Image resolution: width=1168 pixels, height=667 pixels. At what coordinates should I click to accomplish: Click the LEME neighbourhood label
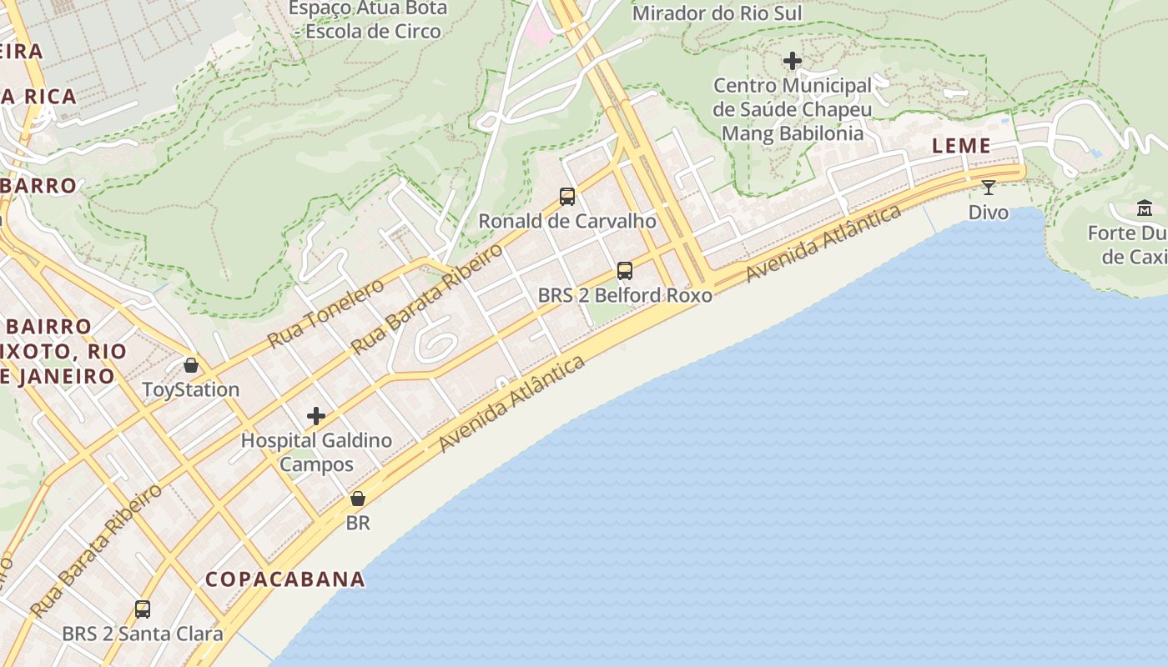(x=961, y=146)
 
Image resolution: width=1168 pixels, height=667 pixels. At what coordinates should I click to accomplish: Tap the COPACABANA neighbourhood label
(x=285, y=579)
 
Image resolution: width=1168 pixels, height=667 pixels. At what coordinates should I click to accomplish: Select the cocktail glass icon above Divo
(x=989, y=188)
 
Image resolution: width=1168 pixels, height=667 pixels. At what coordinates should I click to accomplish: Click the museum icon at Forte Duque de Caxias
(x=1145, y=208)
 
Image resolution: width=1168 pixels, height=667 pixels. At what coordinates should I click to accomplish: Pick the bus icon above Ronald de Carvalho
(x=567, y=197)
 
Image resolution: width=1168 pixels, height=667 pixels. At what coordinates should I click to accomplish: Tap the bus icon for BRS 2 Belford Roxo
(x=625, y=271)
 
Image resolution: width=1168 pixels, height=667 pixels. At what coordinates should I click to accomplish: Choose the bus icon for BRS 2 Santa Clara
(x=143, y=609)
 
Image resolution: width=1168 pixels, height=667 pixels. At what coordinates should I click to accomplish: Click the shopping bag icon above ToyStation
(x=191, y=365)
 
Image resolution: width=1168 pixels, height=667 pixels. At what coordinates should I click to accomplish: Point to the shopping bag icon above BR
(x=358, y=499)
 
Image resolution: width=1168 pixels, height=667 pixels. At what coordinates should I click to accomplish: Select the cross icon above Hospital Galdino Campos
(x=316, y=415)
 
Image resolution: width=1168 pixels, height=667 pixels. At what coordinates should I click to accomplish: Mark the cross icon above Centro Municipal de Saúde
(x=793, y=61)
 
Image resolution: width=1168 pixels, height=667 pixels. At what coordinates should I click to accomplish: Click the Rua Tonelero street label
(x=325, y=313)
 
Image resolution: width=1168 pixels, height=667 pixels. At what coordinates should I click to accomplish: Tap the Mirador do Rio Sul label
(x=717, y=13)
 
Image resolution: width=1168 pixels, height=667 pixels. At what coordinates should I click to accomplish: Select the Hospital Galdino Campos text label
(x=316, y=452)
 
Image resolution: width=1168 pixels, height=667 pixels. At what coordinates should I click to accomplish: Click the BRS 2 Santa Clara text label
(x=143, y=634)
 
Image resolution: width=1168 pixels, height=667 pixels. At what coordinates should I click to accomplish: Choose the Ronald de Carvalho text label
(x=567, y=222)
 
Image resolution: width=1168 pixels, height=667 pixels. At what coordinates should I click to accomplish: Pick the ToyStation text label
(x=191, y=389)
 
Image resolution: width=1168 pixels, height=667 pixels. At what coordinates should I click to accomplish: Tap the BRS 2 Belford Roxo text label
(x=625, y=295)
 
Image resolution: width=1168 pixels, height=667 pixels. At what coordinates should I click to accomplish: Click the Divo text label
(x=989, y=213)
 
